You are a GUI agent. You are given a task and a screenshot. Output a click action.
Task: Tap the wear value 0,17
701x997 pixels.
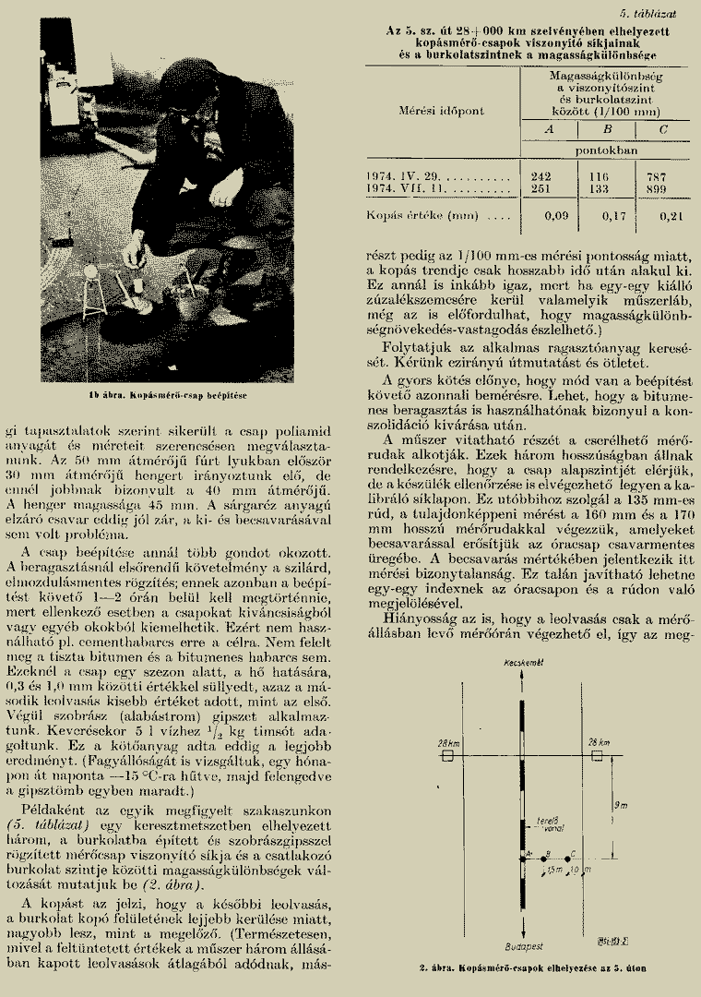tap(600, 217)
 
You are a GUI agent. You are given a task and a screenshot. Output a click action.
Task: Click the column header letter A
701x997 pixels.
tap(548, 130)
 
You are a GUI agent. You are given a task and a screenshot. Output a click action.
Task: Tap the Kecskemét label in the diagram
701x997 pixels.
tap(521, 664)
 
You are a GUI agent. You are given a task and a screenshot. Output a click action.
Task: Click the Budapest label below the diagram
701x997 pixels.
tap(522, 945)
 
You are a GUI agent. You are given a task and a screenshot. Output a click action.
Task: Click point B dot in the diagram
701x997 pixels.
tap(545, 858)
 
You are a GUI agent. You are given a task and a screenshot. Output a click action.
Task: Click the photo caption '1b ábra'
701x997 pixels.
tap(174, 392)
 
